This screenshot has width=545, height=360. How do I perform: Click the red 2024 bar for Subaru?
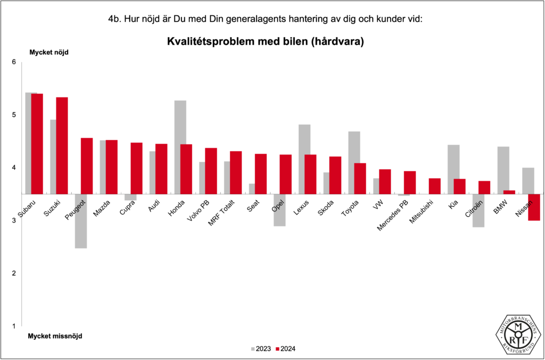pos(37,144)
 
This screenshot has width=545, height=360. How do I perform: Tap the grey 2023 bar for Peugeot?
pos(81,221)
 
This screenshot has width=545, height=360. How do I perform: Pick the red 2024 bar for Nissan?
pos(534,207)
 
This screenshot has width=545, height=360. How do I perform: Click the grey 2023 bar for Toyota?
pos(354,162)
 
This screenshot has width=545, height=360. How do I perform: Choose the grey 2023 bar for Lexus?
pos(304,159)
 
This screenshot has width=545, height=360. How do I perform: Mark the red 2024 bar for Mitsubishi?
pos(434,186)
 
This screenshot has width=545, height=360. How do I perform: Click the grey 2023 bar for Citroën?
pos(478,210)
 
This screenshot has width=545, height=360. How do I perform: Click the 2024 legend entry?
pos(285,349)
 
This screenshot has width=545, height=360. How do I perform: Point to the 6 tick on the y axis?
pos(14,62)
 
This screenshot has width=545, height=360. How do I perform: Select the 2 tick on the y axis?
pos(14,273)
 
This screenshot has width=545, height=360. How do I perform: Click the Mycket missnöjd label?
pos(55,336)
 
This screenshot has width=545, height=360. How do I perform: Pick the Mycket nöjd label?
pos(48,52)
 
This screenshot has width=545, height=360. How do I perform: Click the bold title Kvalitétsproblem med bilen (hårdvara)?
pos(266,42)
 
